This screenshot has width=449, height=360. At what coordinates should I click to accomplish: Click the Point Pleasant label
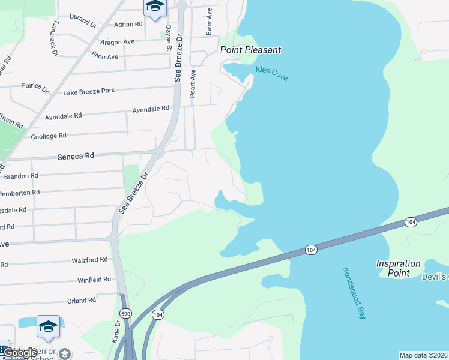[x=251, y=50]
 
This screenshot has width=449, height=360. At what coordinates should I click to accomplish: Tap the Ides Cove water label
[x=272, y=74]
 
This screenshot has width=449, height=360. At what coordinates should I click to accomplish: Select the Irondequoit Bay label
[x=354, y=293]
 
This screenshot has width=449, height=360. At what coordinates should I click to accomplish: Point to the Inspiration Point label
[x=399, y=268]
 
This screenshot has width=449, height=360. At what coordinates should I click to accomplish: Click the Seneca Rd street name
[x=76, y=155]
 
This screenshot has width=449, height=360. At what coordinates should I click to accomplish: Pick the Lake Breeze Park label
[x=89, y=91]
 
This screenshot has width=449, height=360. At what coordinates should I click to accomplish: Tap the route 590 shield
[x=125, y=314]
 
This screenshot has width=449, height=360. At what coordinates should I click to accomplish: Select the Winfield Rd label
[x=94, y=280]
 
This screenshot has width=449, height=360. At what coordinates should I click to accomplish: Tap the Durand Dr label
[x=83, y=22]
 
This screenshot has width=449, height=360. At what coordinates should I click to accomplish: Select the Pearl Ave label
[x=193, y=83]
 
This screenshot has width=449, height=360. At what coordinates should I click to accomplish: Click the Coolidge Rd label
[x=55, y=137]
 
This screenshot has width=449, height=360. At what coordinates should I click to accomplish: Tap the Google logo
[x=19, y=353]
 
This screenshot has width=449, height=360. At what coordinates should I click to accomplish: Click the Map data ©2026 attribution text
[x=424, y=355]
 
